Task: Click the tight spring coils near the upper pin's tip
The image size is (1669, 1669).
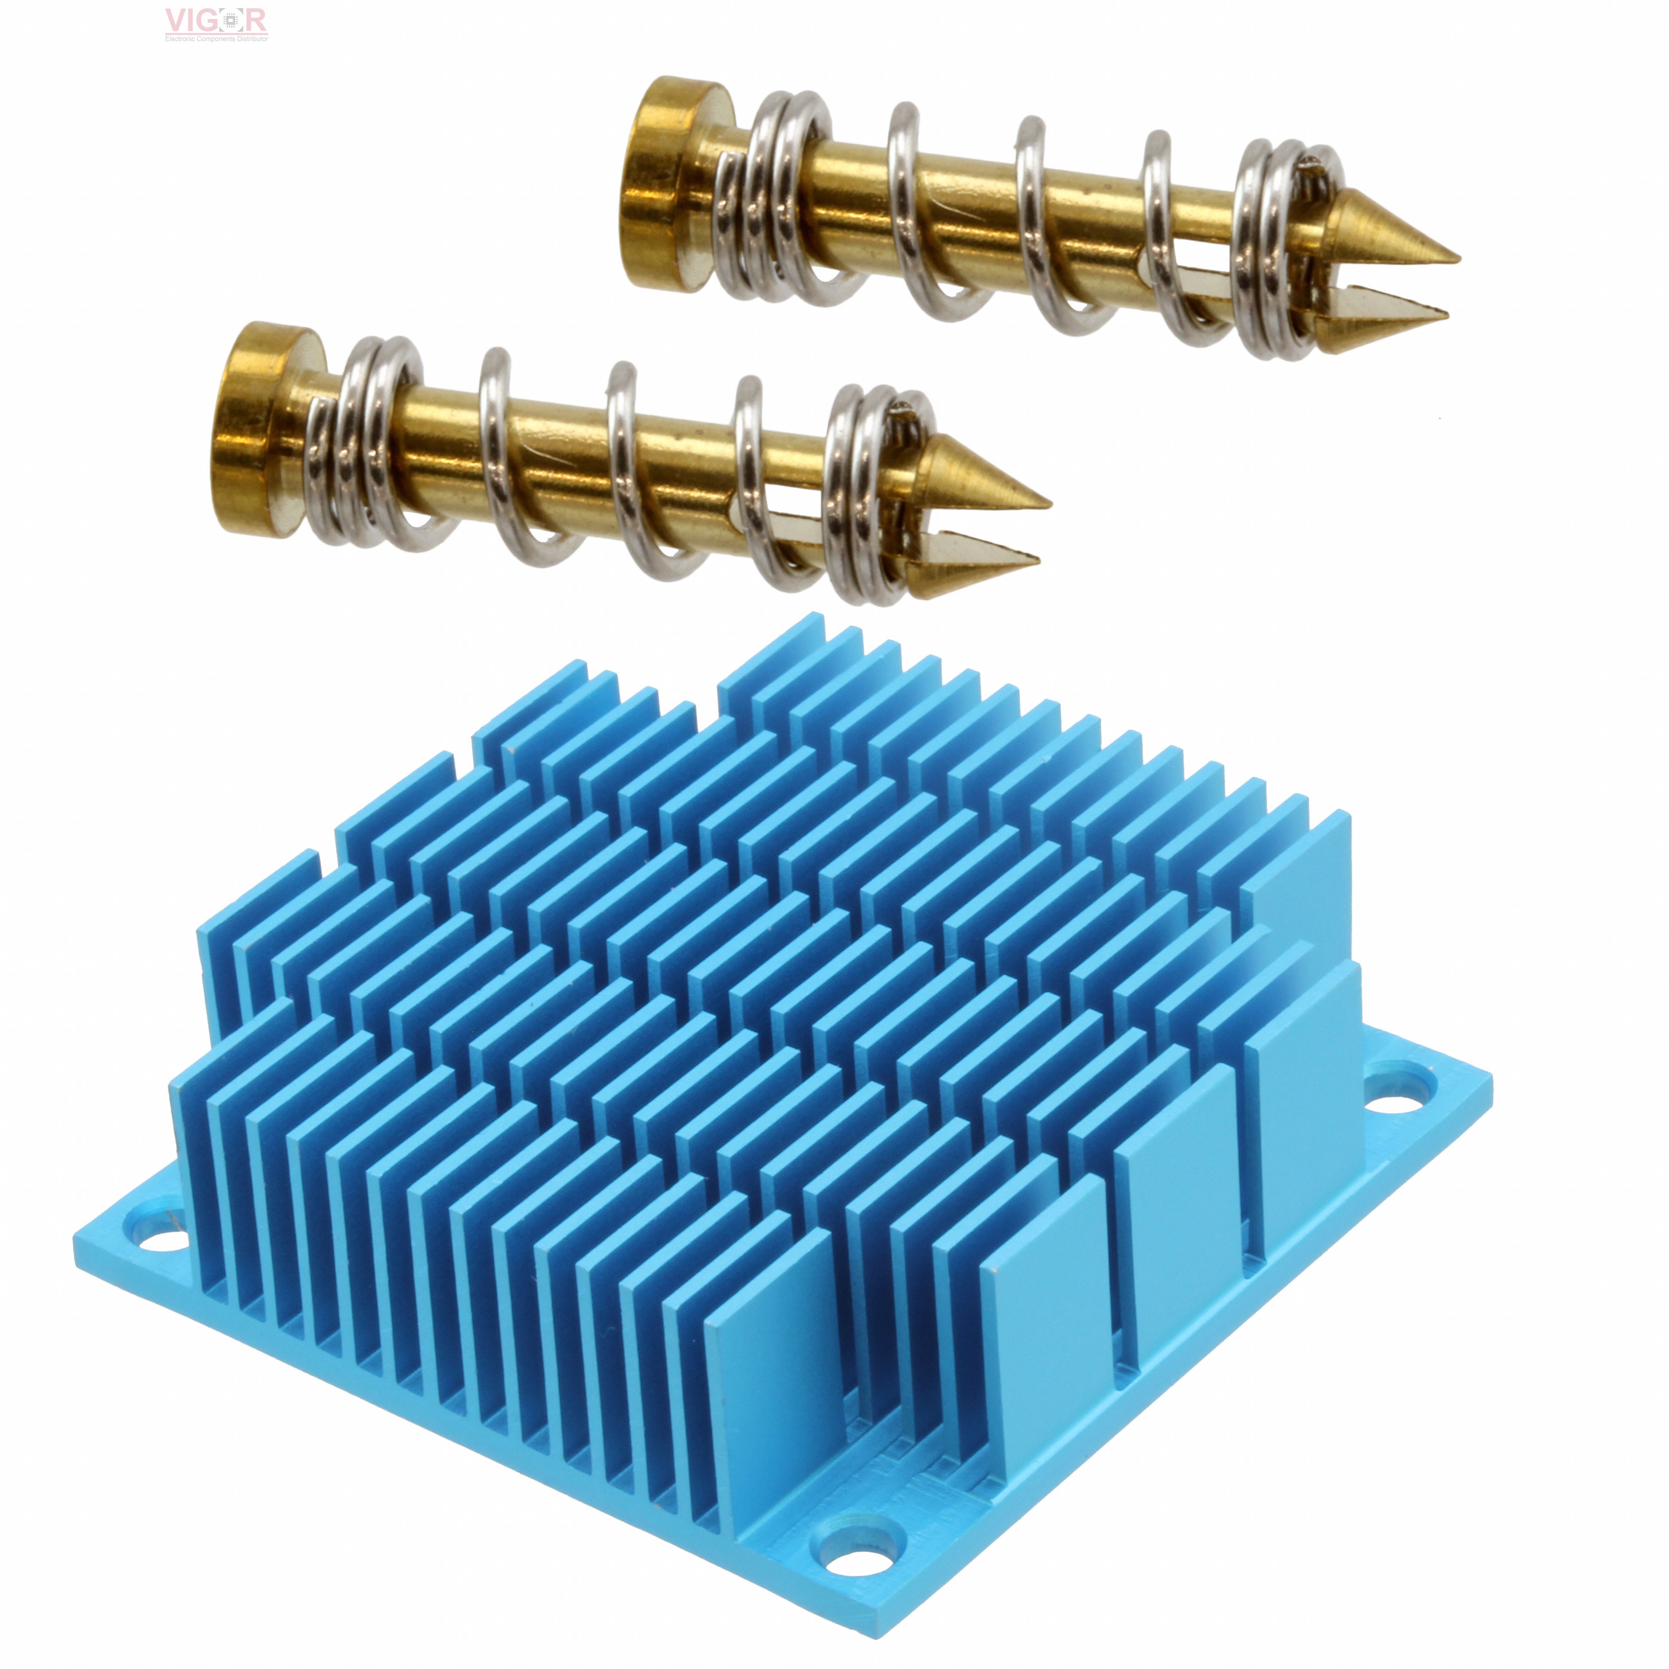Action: coord(1278,251)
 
